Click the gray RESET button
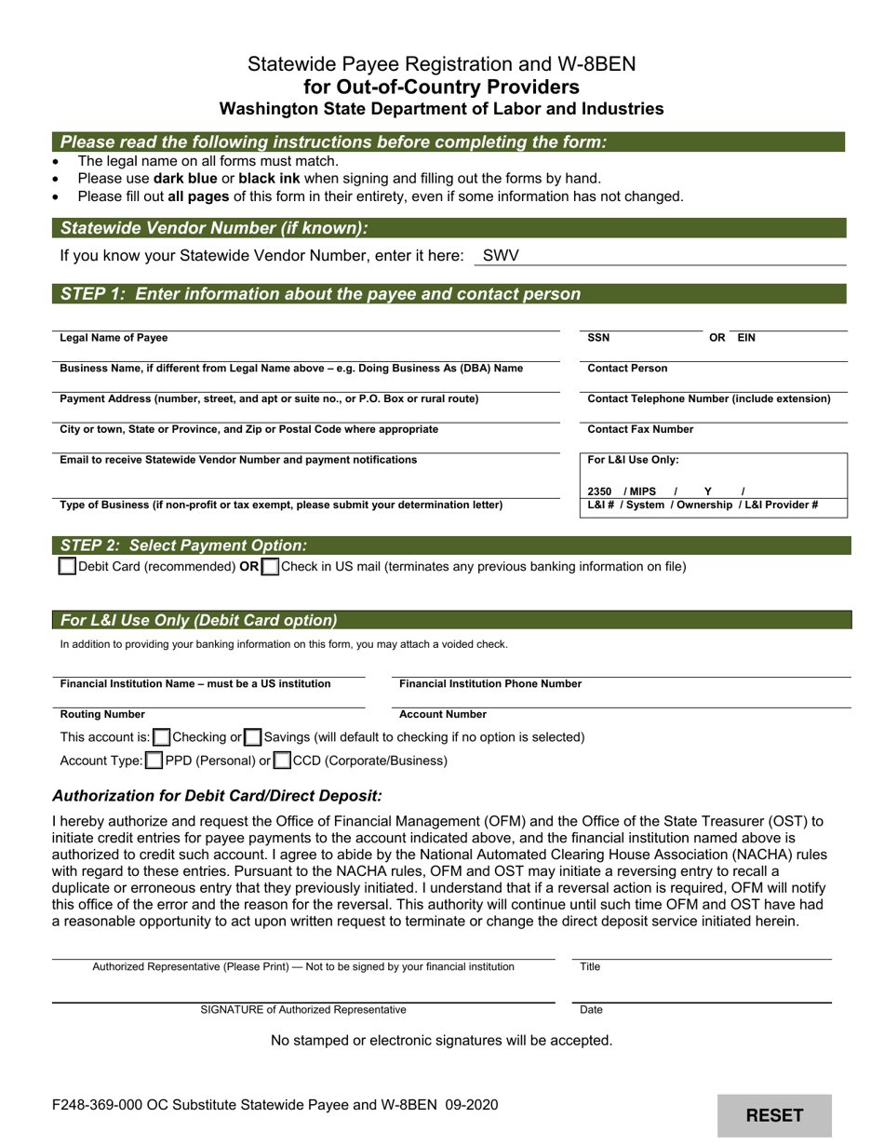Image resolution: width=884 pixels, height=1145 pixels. pos(774,1115)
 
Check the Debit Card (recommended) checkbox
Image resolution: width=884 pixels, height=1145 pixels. pos(67,566)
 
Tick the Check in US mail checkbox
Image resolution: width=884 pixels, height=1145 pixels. pos(270,566)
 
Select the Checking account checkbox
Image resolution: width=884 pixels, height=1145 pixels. pos(161,737)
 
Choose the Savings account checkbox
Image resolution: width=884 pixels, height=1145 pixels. pos(252,737)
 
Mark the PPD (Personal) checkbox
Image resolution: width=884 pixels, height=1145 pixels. pos(154,761)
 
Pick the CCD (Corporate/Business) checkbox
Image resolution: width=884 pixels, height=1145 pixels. pos(282,761)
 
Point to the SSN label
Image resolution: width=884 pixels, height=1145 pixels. pos(599,338)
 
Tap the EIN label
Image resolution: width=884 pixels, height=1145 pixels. pos(746,338)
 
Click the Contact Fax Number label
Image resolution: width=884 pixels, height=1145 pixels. pos(640,429)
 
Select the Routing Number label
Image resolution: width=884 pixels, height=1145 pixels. pos(102,714)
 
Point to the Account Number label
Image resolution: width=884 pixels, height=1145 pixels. pos(443,714)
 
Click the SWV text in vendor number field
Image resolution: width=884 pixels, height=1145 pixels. pos(501,255)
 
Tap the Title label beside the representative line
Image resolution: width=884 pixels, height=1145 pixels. pos(590,966)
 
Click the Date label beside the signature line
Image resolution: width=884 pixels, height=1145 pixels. pos(591,1009)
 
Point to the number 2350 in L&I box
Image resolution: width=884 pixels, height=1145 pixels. pos(600,492)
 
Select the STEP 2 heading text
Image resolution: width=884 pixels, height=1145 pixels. pos(183,546)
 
